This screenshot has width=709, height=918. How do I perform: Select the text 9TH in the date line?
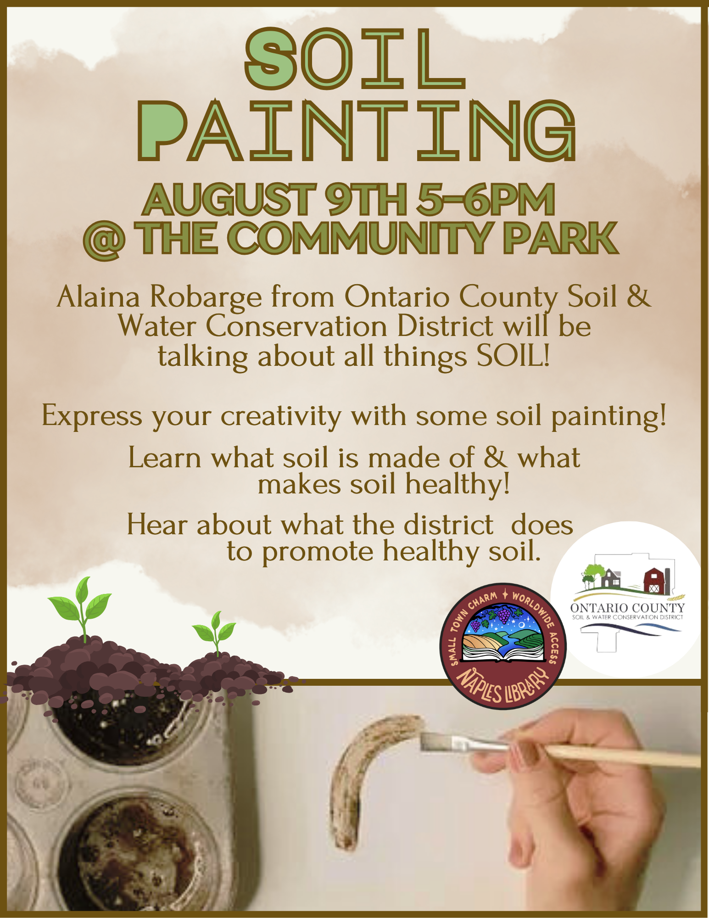[365, 199]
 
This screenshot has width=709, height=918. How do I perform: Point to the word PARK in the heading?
[561, 238]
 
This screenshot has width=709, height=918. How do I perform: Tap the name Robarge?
[206, 297]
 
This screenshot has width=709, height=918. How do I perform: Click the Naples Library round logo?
[503, 646]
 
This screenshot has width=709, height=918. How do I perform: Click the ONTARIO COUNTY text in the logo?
[627, 608]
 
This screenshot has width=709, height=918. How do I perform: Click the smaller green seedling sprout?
[214, 631]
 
